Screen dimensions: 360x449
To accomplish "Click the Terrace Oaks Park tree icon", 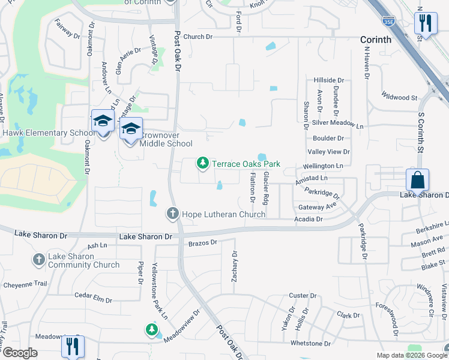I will coord(203,163).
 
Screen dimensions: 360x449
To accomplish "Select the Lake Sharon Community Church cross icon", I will coord(38,260).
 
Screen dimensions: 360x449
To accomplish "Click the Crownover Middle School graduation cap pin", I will coord(130,130).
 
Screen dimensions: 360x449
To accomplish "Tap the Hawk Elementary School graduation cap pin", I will coord(103,122).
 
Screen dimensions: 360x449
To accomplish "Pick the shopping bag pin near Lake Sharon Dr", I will coord(417,180).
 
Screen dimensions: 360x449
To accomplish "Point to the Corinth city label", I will coord(376,40).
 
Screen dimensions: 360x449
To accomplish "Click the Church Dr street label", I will coord(198,37).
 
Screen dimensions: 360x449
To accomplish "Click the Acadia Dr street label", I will coord(309,219).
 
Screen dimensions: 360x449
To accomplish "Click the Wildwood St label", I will coord(400,97).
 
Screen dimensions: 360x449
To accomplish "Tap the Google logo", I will coord(20,353).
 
